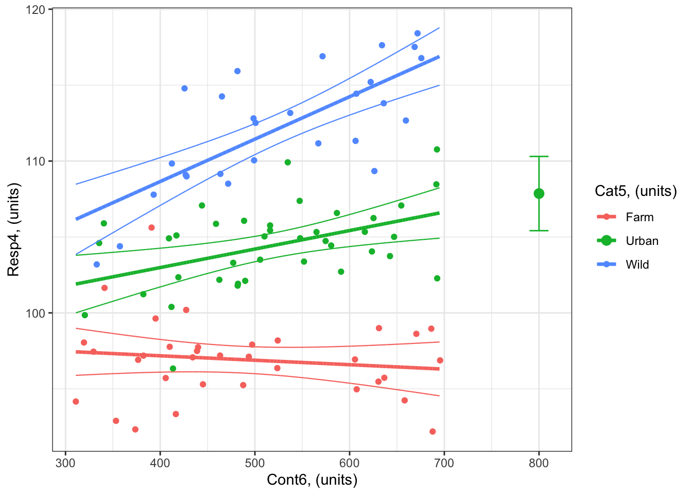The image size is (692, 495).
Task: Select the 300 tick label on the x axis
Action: [65, 463]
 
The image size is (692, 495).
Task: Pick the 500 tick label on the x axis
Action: [255, 463]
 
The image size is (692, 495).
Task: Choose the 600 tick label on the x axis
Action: [350, 463]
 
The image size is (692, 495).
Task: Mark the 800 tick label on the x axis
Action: [539, 463]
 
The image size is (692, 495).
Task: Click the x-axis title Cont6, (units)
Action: [312, 480]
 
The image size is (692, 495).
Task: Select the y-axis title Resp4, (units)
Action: [13, 229]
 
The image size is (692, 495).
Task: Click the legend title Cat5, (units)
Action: [635, 191]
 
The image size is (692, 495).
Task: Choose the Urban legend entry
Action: [642, 241]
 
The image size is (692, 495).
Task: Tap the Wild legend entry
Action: [637, 265]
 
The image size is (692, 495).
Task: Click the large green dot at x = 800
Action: [539, 194]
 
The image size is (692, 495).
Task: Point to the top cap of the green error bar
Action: [539, 156]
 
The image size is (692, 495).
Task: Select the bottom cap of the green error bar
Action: [539, 230]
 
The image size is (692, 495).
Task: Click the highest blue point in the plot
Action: [418, 34]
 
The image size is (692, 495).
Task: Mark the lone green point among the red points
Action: [173, 369]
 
